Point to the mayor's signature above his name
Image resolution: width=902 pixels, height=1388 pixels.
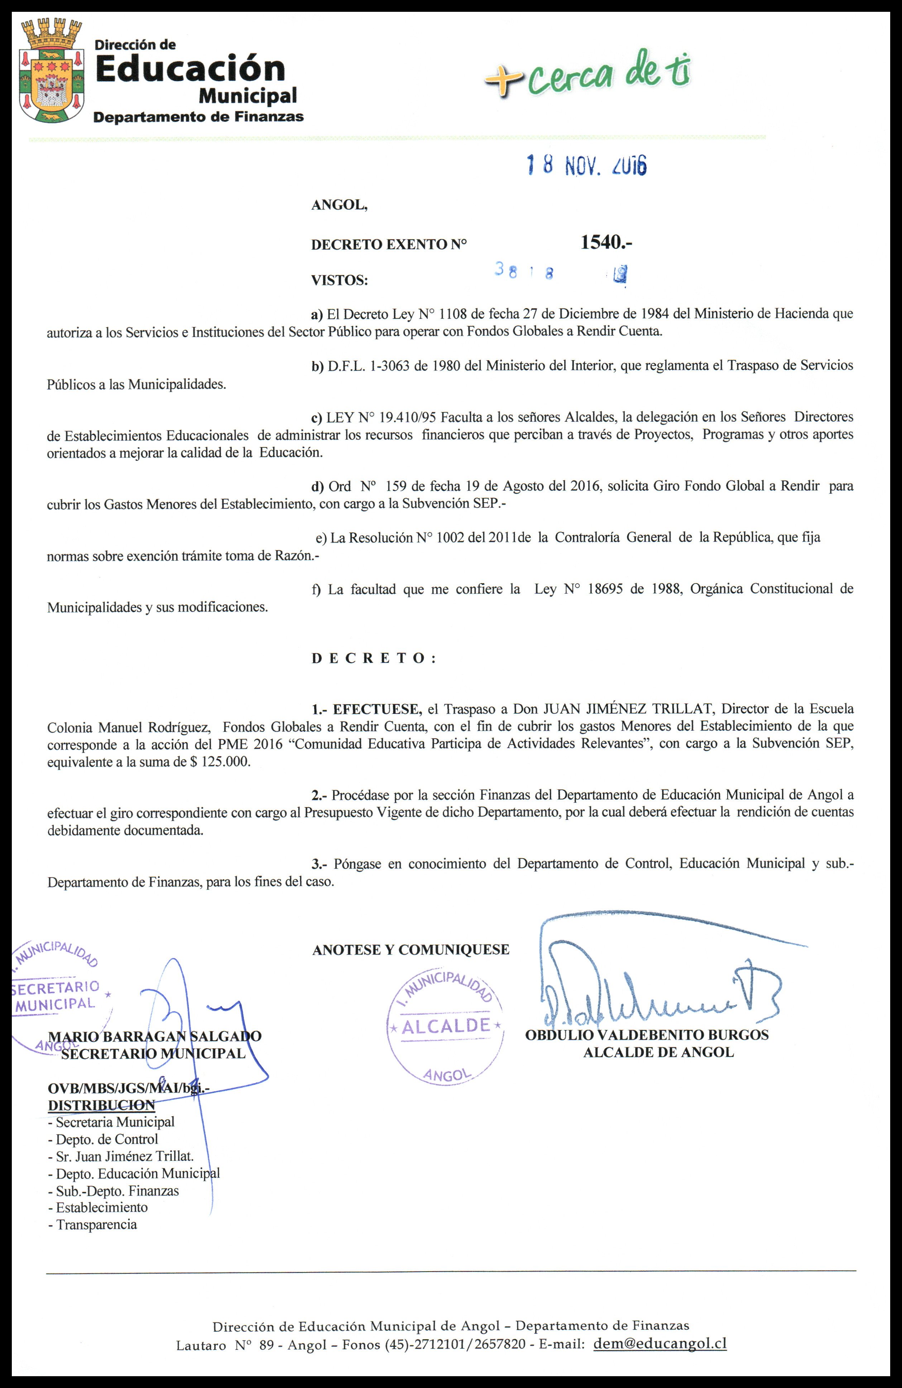pos(659,991)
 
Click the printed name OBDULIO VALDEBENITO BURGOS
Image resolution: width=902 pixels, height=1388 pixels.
pos(647,1035)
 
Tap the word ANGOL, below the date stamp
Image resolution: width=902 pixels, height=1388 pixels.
pos(340,205)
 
